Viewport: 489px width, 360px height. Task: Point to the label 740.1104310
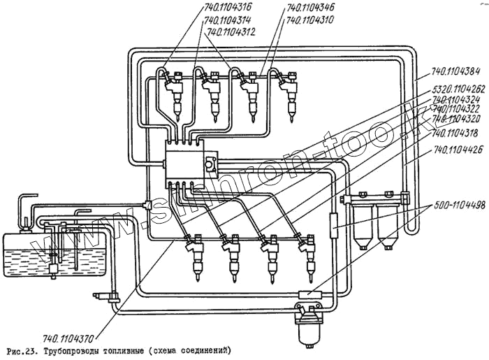311,20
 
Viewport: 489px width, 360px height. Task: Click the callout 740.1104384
458,71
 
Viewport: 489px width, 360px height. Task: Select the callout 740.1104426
458,150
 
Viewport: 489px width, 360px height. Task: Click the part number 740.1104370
70,337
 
